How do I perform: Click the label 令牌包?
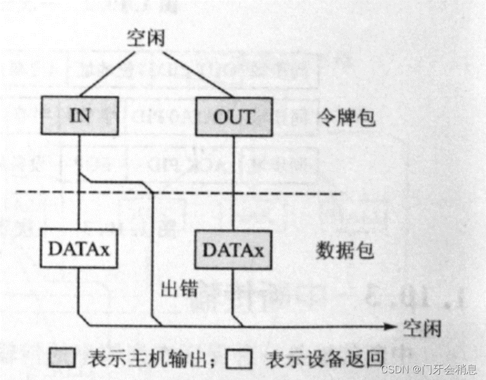point(353,117)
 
